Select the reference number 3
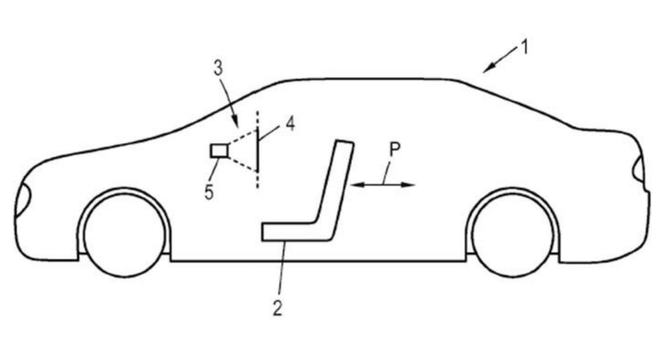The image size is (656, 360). (x=218, y=68)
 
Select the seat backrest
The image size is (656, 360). (x=335, y=184)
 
